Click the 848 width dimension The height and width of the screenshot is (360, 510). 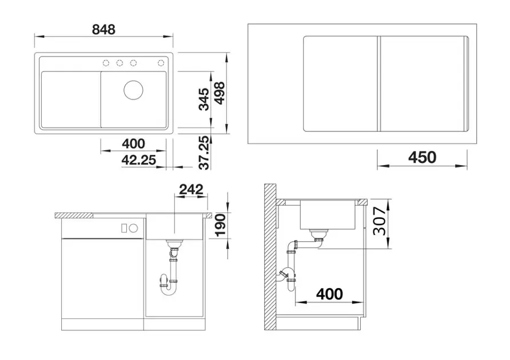coord(103,29)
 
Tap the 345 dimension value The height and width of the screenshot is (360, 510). coord(204,99)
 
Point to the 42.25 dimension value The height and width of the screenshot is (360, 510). coord(139,161)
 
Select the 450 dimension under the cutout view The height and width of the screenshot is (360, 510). coord(423,157)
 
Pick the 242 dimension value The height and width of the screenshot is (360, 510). coord(191,190)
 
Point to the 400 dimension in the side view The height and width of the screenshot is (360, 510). coord(329,294)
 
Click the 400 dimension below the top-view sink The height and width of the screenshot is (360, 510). coord(133,144)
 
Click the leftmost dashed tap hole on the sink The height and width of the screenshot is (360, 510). coord(106,62)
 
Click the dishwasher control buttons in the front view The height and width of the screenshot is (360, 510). coord(129,227)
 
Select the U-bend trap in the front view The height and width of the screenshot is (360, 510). coord(170,283)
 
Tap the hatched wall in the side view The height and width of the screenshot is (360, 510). coord(270,257)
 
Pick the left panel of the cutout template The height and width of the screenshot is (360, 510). coord(339,83)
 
